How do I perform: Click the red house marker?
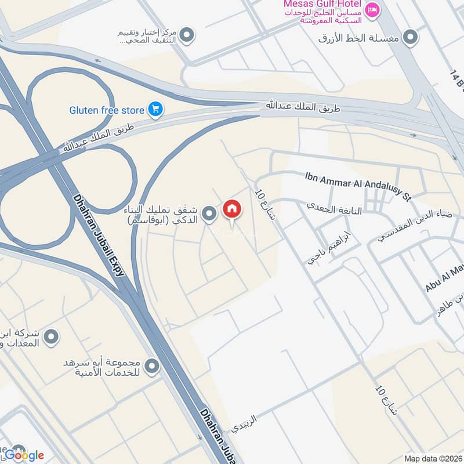pyautogui.click(x=231, y=209)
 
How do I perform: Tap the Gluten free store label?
pyautogui.click(x=107, y=109)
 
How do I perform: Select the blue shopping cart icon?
pyautogui.click(x=155, y=108)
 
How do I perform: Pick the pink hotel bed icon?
pyautogui.click(x=373, y=9)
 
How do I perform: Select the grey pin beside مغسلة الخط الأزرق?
pyautogui.click(x=411, y=38)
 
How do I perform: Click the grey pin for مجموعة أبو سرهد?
pyautogui.click(x=152, y=366)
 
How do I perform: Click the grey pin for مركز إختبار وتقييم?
pyautogui.click(x=187, y=37)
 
